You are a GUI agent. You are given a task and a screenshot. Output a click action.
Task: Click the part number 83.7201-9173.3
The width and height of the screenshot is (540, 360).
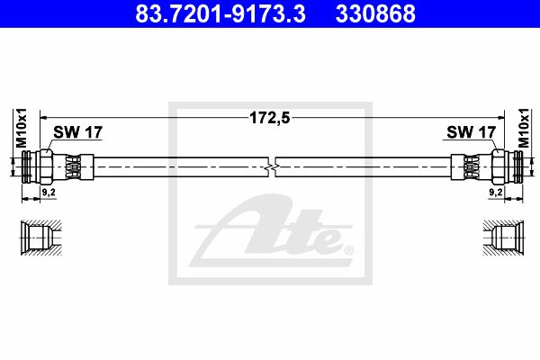coord(220,13)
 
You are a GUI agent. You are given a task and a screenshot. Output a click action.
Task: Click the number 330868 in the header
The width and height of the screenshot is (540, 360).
coord(375,13)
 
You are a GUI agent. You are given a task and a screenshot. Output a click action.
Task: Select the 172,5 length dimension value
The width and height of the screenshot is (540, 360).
coord(270,118)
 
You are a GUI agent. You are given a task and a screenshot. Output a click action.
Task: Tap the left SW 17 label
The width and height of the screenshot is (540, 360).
coord(77,132)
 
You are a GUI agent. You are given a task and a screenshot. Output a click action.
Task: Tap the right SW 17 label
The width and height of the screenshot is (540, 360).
coord(471,132)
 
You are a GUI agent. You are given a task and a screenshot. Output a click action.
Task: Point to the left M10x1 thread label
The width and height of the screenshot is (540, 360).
coord(22,128)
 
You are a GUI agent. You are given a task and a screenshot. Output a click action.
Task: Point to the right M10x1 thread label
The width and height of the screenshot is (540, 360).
coord(524,128)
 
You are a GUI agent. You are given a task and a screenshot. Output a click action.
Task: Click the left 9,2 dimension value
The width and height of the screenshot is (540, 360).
coord(49,193)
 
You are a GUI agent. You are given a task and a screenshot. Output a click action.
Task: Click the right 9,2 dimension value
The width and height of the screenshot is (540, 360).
coord(496,193)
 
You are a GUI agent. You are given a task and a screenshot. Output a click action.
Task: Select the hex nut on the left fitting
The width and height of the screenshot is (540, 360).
coord(46,166)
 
